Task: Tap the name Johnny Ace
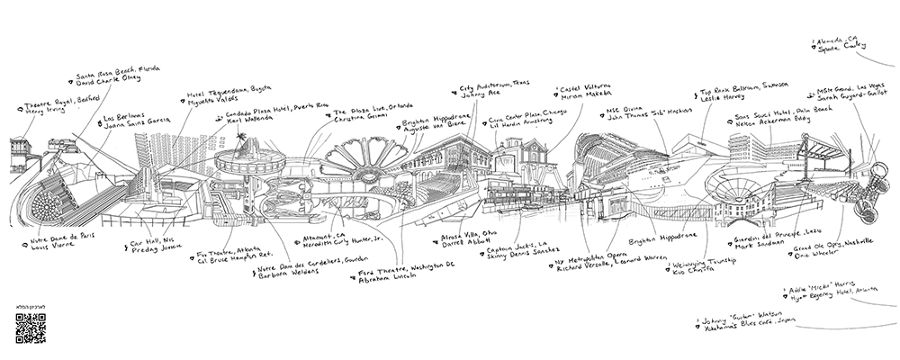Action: tap(480, 94)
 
